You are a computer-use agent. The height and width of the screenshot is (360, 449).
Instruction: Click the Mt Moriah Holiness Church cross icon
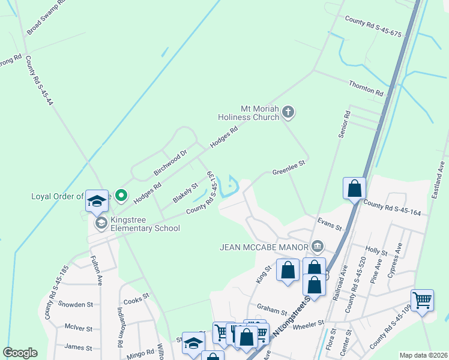click(288, 111)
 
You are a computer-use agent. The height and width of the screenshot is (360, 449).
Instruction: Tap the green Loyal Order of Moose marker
click(121, 195)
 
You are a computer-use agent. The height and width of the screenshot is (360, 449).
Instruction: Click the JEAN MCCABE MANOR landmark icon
click(318, 246)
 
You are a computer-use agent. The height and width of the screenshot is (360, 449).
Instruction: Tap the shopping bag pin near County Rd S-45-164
click(355, 188)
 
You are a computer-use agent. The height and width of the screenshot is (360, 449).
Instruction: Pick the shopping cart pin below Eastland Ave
click(422, 299)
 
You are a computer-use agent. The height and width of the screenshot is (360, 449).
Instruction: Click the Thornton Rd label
click(366, 88)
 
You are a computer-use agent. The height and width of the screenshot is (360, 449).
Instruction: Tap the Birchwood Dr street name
click(170, 162)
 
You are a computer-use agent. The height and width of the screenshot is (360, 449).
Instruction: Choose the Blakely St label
click(185, 193)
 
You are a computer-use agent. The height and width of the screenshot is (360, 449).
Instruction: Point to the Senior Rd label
click(344, 125)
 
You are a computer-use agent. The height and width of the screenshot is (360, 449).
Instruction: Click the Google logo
click(20, 352)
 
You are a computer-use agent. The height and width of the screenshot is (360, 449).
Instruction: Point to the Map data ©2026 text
click(423, 355)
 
